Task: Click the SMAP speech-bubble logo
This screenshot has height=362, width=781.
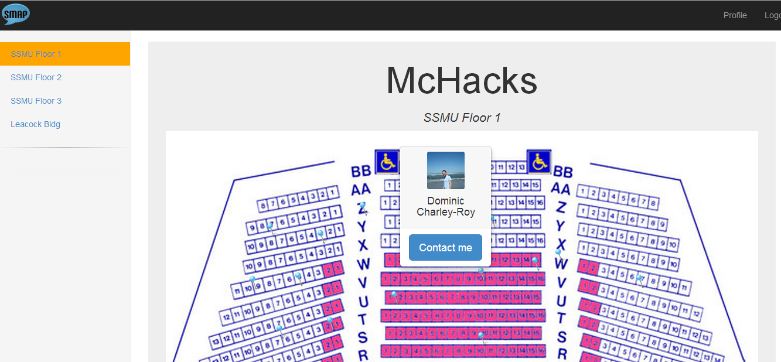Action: [16, 14]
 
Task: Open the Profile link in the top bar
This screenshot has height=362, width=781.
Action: [735, 15]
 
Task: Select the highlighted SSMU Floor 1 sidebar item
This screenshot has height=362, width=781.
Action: [36, 54]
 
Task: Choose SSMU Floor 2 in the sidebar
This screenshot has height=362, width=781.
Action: [36, 77]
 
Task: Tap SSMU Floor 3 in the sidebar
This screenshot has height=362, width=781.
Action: [36, 101]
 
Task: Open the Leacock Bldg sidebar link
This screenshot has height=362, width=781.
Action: [35, 124]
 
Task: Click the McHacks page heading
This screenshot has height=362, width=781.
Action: [461, 80]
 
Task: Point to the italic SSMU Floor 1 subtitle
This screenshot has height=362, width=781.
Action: [462, 118]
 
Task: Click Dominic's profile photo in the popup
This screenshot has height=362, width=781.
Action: [445, 170]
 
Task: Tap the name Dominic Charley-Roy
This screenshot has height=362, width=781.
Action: [445, 207]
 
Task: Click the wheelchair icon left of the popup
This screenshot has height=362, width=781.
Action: [386, 162]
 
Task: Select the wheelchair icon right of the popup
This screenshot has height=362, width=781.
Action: [538, 162]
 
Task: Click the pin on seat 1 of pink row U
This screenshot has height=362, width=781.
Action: [394, 295]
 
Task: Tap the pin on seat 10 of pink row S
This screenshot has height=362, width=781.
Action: [481, 336]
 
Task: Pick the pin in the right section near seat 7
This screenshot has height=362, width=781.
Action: [639, 278]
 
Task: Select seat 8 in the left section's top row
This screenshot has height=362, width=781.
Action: [263, 206]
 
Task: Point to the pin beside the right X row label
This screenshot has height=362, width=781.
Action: [558, 254]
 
